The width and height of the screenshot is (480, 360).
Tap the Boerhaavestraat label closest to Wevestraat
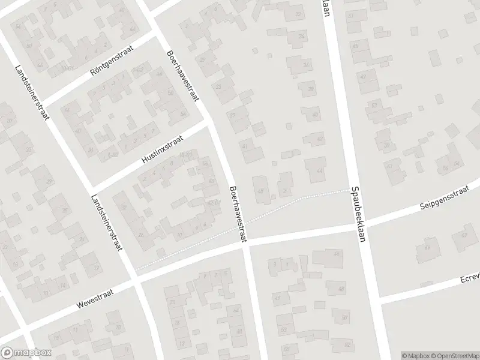[x=238, y=214]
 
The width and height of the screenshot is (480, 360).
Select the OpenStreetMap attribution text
[x=454, y=356]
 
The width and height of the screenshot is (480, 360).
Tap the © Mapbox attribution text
[x=415, y=356]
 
